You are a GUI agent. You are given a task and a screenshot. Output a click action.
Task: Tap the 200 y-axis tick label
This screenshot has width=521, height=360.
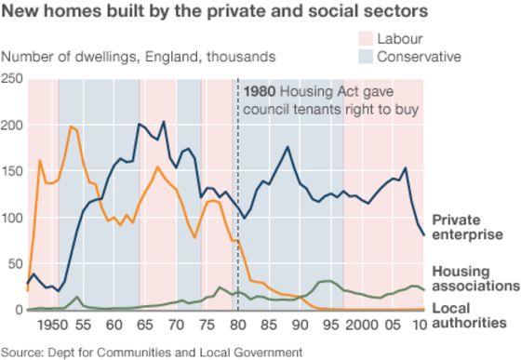[13, 125]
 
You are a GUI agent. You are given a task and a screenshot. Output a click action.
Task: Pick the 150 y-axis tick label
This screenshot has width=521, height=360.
[13, 171]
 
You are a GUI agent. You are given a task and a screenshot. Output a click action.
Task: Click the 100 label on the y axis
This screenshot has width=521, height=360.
[13, 218]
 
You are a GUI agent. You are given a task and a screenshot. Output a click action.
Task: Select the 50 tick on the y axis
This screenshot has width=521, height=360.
[17, 264]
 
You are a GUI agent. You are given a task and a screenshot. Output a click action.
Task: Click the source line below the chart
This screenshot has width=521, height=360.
[152, 352]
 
